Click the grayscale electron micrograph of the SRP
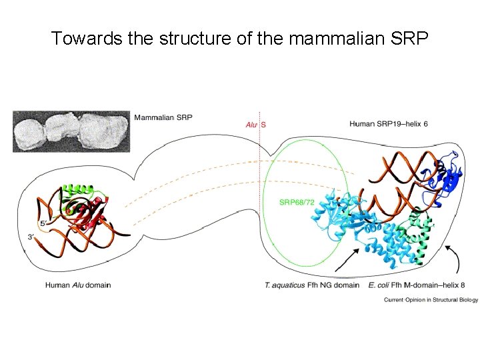coord(71,131)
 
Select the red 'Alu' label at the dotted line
coord(251,124)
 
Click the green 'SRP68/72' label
coord(297,201)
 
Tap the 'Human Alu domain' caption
coord(78,285)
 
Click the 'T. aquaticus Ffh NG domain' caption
coord(312,285)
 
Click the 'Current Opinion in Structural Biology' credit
coord(431,300)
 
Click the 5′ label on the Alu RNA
coord(43,224)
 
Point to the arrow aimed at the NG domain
coord(347,259)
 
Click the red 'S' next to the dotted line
coord(263,124)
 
